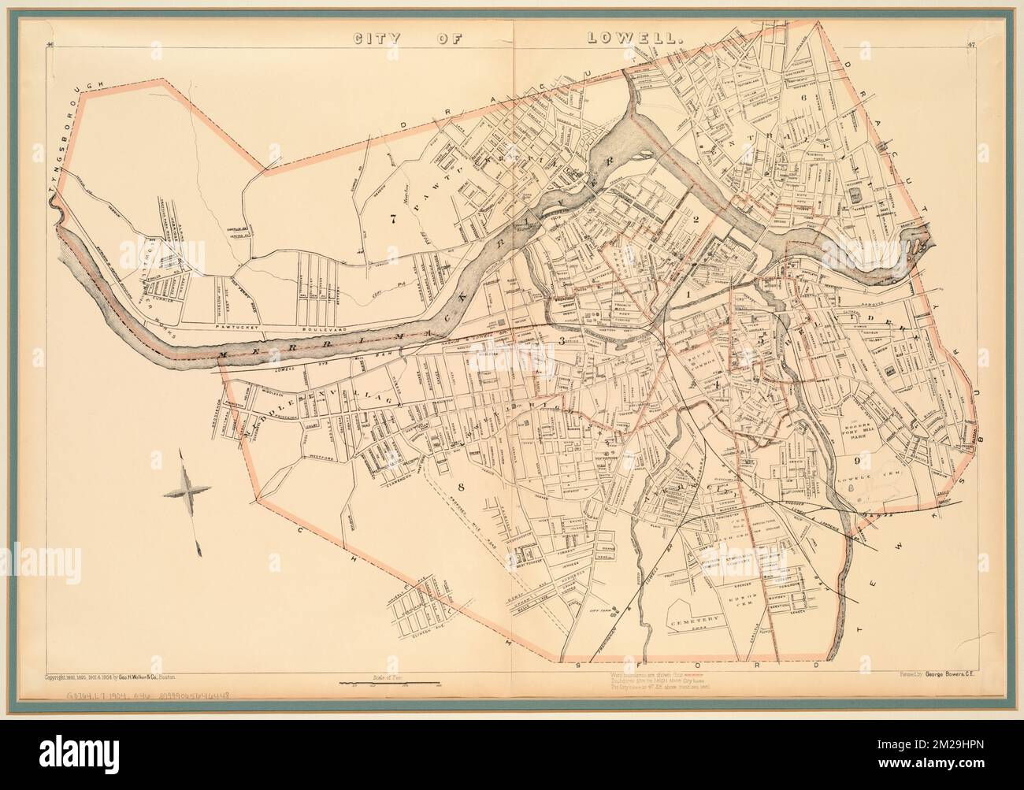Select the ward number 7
coord(391,220)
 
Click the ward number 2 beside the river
coord(696,220)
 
